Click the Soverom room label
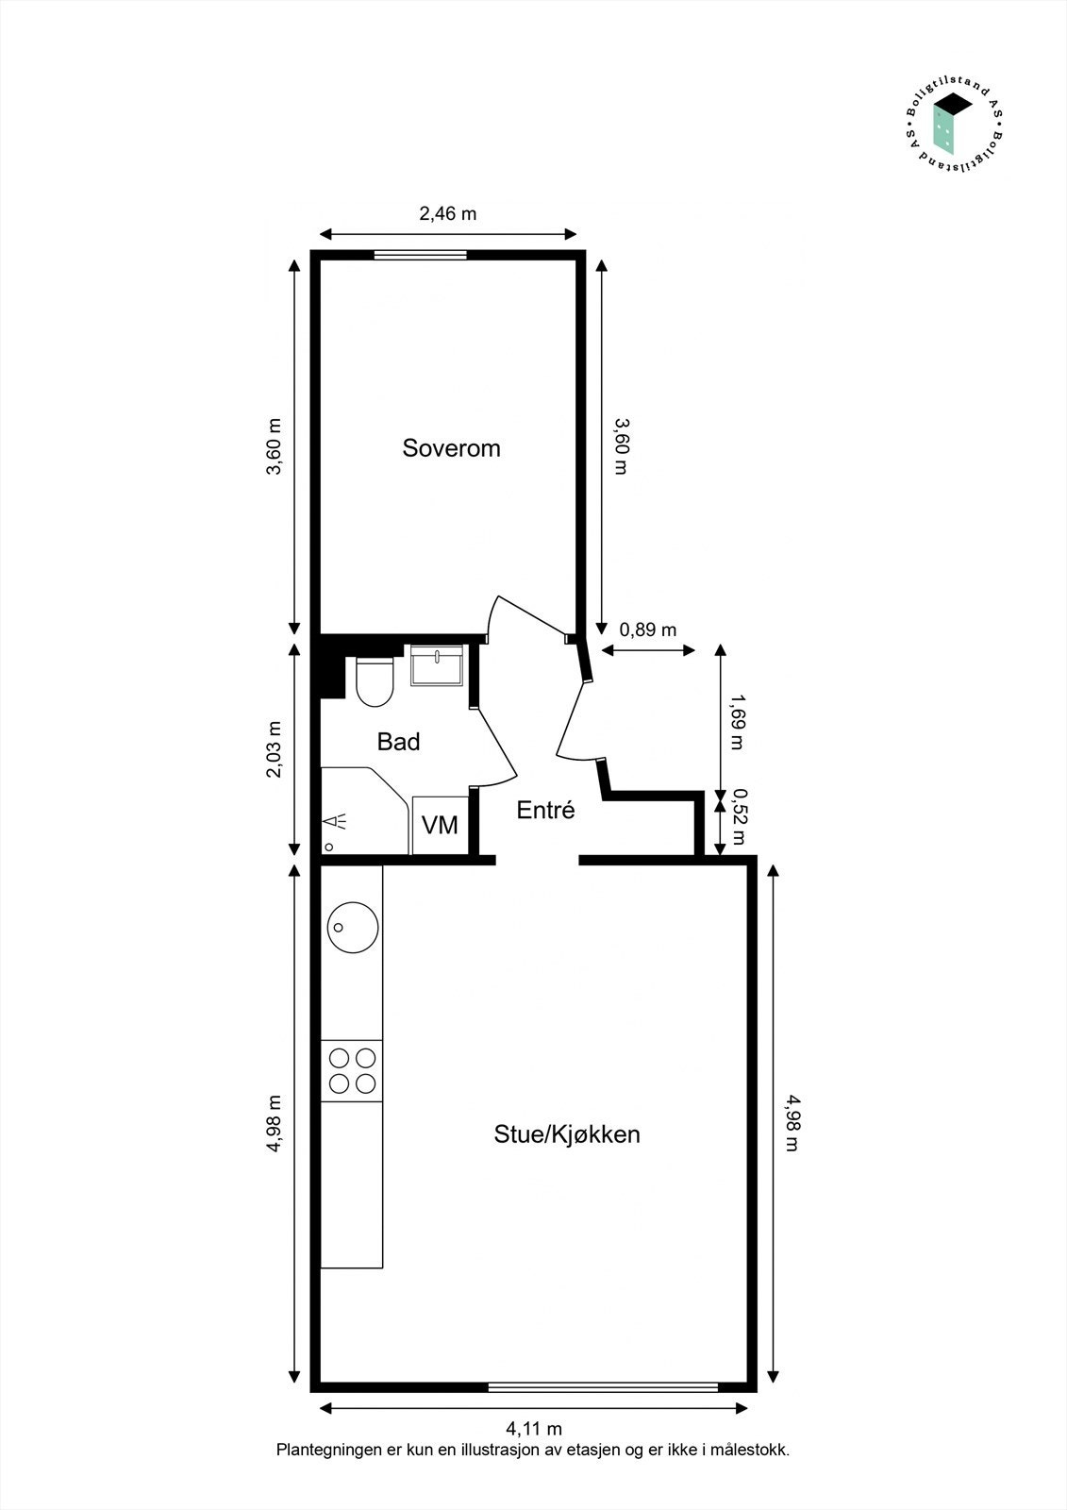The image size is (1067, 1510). point(451,447)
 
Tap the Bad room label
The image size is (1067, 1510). point(398,742)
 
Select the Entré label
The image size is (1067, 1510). point(545,810)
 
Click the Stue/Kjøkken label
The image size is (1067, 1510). point(567,1133)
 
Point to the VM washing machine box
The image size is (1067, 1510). point(440,825)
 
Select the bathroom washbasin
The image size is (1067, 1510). point(437,666)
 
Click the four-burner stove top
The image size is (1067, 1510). point(352,1070)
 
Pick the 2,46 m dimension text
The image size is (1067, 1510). point(447,213)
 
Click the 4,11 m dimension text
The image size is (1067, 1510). point(534,1429)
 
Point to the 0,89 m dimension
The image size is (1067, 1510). point(647,629)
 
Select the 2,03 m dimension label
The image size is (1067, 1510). point(275,749)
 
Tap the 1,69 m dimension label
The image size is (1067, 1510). point(737,721)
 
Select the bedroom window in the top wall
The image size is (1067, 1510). point(420,254)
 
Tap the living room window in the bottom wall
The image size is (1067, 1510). point(603,1386)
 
